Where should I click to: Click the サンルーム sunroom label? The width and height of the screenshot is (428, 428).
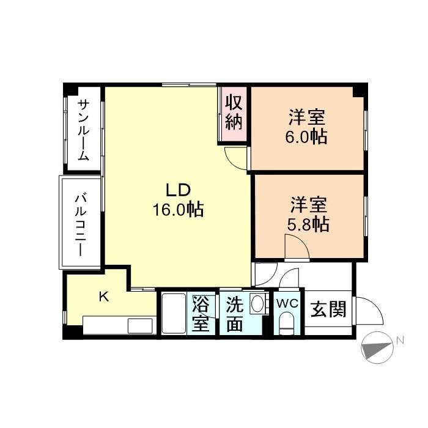click(x=83, y=130)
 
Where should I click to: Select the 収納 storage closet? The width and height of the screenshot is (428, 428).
click(x=234, y=112)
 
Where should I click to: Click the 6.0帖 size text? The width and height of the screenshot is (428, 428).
click(x=306, y=136)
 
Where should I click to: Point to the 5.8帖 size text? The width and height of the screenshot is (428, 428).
click(x=308, y=224)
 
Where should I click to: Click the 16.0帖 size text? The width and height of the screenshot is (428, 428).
click(x=178, y=210)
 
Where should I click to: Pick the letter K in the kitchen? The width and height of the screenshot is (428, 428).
click(x=105, y=298)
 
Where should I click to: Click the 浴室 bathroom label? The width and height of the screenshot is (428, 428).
click(x=201, y=313)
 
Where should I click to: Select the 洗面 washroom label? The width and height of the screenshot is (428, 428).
click(x=235, y=313)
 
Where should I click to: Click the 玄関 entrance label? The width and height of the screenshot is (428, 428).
click(x=328, y=309)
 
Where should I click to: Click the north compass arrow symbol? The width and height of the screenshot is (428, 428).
click(x=376, y=349)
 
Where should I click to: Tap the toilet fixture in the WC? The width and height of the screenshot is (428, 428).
click(x=286, y=323)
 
